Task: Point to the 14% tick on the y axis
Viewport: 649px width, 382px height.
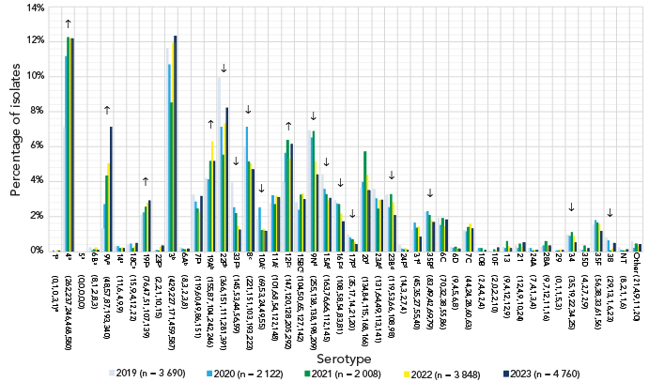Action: tap(33, 8)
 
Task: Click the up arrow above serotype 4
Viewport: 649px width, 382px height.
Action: tap(68, 23)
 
